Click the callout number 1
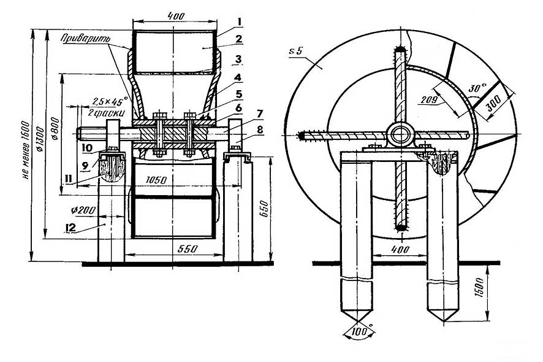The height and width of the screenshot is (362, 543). (x=238, y=22)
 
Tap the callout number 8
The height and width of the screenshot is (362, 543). (x=260, y=129)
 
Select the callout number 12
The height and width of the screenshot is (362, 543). (x=70, y=228)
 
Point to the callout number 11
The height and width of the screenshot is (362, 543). (x=68, y=179)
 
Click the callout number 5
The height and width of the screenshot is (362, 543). (x=238, y=94)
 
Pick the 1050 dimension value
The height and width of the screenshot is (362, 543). (x=156, y=180)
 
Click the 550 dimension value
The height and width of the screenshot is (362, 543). (x=188, y=248)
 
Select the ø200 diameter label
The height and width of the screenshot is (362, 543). (x=83, y=210)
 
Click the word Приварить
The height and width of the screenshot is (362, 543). (x=86, y=38)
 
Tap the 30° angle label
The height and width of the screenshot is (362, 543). (x=477, y=88)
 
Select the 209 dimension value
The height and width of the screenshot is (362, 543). (x=430, y=99)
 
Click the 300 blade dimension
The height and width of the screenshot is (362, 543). (x=493, y=103)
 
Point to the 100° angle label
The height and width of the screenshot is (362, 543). (x=361, y=332)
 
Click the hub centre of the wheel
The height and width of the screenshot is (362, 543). (x=401, y=134)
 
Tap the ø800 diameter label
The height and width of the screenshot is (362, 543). (x=56, y=129)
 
